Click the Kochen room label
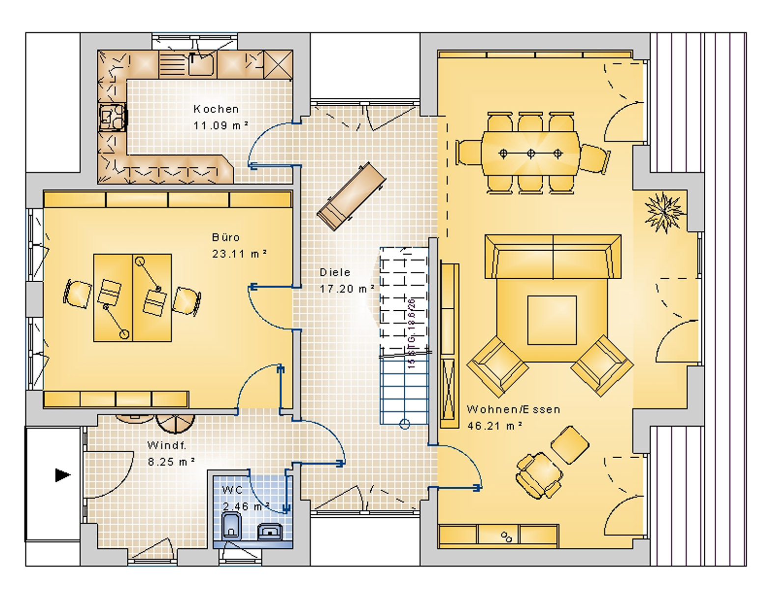tap(216, 109)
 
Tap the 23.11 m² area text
tap(239, 254)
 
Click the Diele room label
tap(335, 272)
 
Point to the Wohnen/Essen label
tap(513, 410)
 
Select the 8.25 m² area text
tap(171, 462)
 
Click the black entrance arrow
tap(62, 475)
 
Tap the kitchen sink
tap(201, 64)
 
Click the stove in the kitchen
tap(111, 118)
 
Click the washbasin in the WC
tap(270, 532)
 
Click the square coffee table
tap(552, 320)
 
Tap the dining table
tap(530, 153)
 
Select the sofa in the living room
tap(553, 257)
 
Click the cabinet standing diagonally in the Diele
tap(351, 197)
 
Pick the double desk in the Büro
tap(132, 297)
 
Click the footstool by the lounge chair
tap(569, 445)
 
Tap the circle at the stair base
tap(404, 424)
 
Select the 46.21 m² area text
tap(495, 426)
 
